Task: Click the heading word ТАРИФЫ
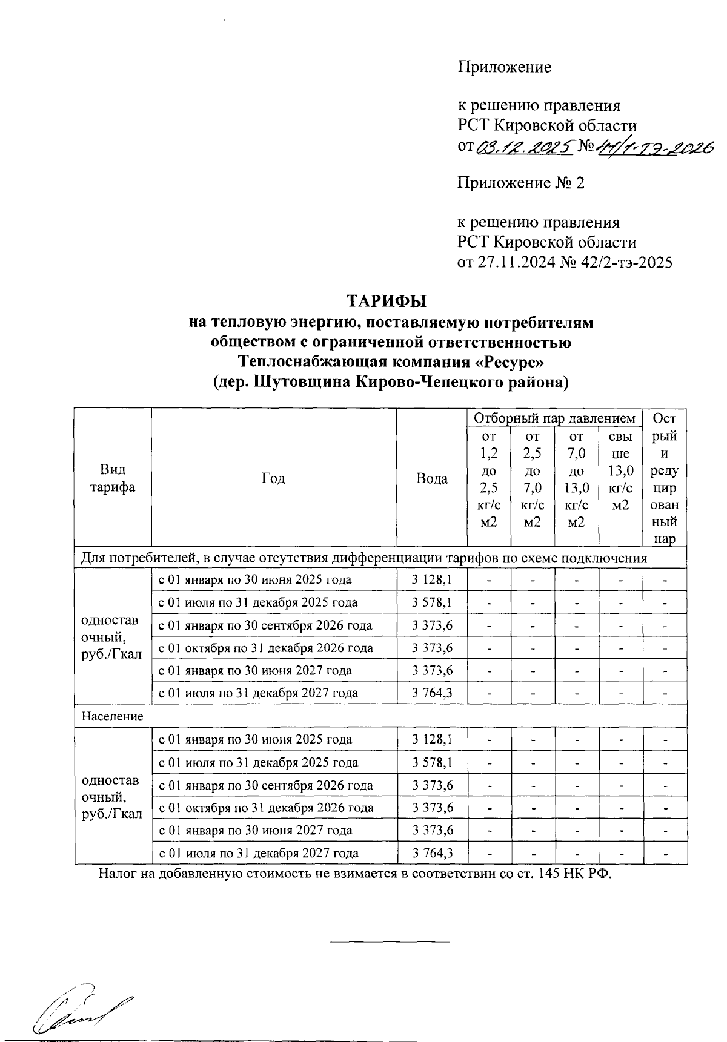click(x=386, y=301)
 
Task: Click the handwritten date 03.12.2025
click(x=525, y=147)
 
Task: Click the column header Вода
click(x=431, y=478)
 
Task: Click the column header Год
click(x=273, y=478)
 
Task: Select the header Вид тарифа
click(x=113, y=478)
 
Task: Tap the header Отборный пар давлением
click(x=554, y=418)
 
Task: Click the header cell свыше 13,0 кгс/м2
click(x=620, y=470)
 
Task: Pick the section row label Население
click(x=113, y=716)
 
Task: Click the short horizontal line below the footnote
click(x=390, y=942)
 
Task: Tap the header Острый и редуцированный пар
click(x=665, y=478)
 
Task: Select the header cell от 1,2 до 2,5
click(x=488, y=478)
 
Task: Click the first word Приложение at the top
click(x=504, y=67)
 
